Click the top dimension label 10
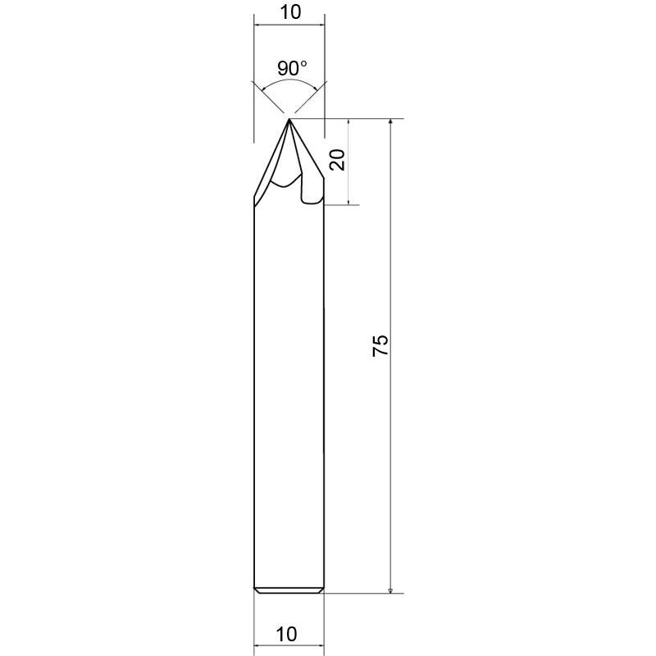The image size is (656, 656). pos(290,12)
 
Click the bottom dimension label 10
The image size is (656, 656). pos(286,634)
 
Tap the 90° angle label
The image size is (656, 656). pos(292,68)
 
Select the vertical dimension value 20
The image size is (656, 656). pos(337,160)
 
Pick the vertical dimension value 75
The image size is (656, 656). pos(380,345)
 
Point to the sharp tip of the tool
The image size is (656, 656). pos(289,119)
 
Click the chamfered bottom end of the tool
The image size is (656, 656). pos(289,590)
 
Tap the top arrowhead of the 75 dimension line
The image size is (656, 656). pos(390,121)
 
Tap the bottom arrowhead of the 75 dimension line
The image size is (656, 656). pos(390,590)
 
